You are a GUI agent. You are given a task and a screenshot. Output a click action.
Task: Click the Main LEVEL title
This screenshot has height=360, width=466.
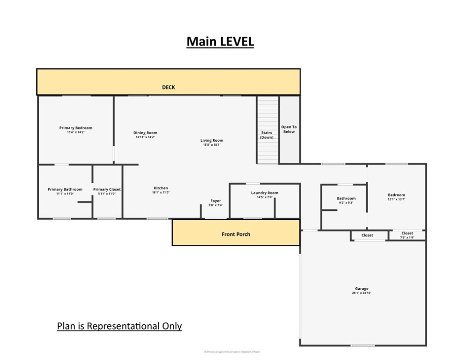(x=220, y=41)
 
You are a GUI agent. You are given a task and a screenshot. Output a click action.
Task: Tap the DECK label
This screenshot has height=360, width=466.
(x=168, y=87)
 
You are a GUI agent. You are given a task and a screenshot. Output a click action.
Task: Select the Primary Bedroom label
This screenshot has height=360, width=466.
(x=75, y=128)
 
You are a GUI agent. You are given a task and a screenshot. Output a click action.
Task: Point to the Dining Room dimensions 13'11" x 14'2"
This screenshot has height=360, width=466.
(x=145, y=137)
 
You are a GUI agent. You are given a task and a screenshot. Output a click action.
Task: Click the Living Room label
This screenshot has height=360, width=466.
(x=212, y=140)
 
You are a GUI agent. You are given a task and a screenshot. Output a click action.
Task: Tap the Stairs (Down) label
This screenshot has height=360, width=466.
(x=266, y=135)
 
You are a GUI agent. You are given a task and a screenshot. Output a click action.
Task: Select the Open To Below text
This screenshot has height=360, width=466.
(x=288, y=129)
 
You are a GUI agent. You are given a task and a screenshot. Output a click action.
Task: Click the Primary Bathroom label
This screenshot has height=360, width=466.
(x=65, y=189)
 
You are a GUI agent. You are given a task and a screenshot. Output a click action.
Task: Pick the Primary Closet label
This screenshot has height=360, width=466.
(x=107, y=189)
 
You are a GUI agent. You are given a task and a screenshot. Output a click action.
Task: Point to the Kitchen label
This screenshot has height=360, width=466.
(x=160, y=188)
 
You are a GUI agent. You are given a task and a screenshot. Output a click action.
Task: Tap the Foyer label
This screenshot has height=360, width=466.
(x=215, y=201)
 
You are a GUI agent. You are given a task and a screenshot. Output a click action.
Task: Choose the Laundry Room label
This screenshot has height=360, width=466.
(x=264, y=193)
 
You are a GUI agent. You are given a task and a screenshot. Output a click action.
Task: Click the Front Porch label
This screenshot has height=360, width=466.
(x=236, y=234)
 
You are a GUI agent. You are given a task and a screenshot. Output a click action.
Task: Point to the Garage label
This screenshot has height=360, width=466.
(x=361, y=288)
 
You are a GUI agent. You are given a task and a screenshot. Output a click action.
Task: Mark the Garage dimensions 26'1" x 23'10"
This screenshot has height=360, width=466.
(x=361, y=293)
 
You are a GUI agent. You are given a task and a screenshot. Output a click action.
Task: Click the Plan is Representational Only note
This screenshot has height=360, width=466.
(x=119, y=326)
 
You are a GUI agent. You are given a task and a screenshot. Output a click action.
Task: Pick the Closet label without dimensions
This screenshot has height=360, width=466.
(x=367, y=235)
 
